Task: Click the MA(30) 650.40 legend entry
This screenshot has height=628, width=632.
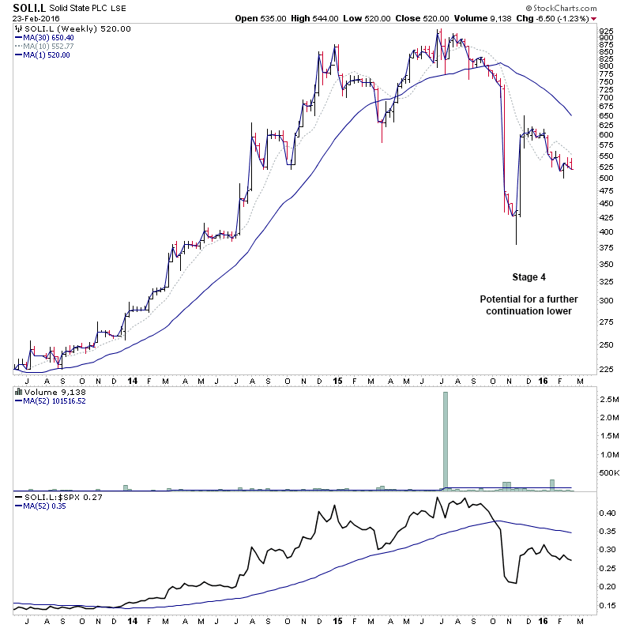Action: tap(49, 37)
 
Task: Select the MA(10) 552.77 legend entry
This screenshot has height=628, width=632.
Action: tap(49, 46)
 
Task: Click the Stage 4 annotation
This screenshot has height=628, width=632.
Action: tap(529, 277)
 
